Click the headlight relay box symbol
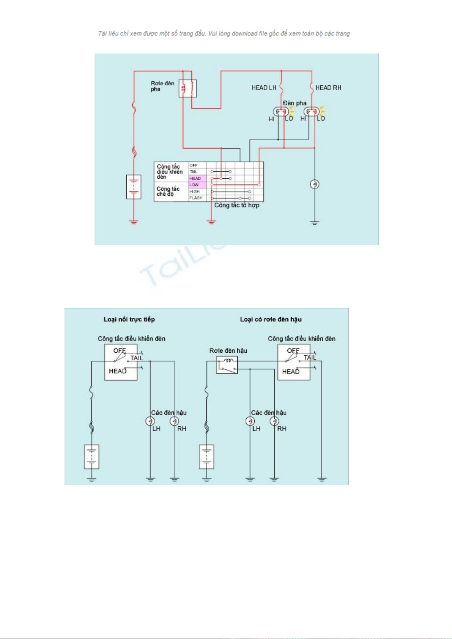coord(187,88)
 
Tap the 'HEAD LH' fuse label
coord(264,88)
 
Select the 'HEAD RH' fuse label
coord(328,88)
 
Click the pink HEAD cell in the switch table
coord(197,178)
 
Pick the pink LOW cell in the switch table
coord(197,185)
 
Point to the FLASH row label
coord(196,198)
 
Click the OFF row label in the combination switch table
coord(194,165)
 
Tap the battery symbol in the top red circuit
coord(134,187)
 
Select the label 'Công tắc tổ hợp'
coord(237,205)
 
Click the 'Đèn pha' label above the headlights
coord(295,103)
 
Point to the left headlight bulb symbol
coord(281,112)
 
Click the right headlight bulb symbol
coord(312,112)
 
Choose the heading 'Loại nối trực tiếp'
coord(129,319)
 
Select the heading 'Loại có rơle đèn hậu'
coord(271,319)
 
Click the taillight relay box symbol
coord(227,365)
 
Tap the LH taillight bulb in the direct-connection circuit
coord(150,421)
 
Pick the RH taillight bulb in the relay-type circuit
coord(274,421)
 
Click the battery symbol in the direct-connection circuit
coord(91,457)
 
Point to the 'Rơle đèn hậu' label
coord(228,351)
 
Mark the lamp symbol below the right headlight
coord(314,184)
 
